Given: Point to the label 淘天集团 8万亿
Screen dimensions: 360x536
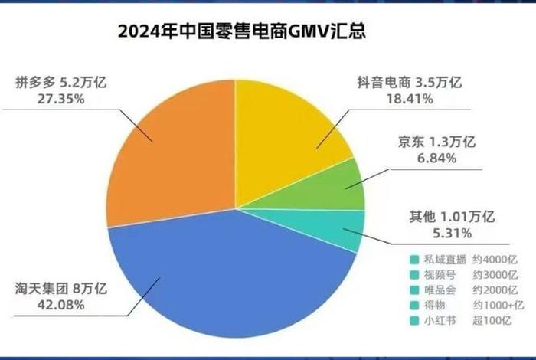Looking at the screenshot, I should pyautogui.click(x=60, y=289).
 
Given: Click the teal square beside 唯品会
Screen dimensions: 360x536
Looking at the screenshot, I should pyautogui.click(x=414, y=290).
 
